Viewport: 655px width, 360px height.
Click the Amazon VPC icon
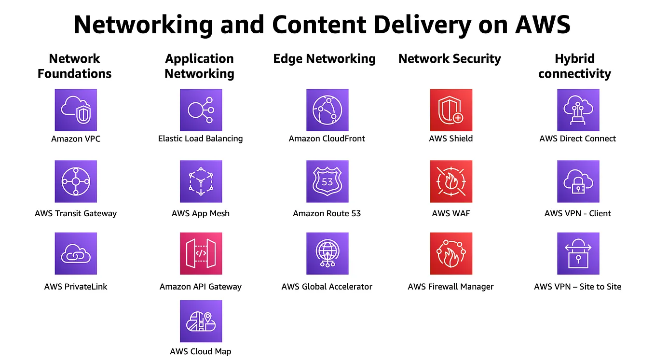click(76, 110)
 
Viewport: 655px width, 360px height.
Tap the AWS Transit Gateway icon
click(76, 181)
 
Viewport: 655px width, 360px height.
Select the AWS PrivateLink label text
click(76, 287)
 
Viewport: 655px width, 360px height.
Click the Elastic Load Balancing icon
click(201, 110)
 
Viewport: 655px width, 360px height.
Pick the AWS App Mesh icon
click(201, 181)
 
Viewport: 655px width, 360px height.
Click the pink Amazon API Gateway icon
click(201, 253)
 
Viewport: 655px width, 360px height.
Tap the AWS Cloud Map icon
click(201, 321)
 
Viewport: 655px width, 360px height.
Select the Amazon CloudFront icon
click(327, 110)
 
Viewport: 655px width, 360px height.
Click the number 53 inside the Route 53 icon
click(327, 182)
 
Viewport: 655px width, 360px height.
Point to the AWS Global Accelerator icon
click(327, 253)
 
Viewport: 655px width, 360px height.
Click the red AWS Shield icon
click(451, 110)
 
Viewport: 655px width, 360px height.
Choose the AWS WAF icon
click(451, 181)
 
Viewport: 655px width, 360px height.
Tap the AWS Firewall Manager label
click(450, 287)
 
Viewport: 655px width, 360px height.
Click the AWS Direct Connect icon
click(578, 110)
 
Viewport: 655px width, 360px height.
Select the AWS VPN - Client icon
click(578, 181)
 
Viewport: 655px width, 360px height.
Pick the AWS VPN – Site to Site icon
click(578, 253)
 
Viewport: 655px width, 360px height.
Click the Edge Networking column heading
click(324, 59)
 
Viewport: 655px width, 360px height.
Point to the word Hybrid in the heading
click(574, 59)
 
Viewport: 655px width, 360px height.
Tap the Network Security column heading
click(450, 59)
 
